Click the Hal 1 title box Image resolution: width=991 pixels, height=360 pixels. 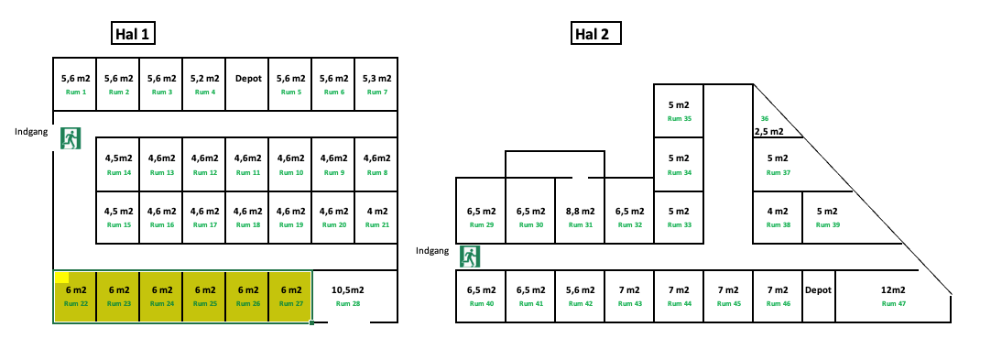(x=132, y=35)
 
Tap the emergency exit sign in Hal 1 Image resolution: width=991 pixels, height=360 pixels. (x=70, y=138)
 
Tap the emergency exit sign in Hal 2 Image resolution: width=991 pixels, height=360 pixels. (x=470, y=256)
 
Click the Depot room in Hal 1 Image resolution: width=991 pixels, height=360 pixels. (x=248, y=84)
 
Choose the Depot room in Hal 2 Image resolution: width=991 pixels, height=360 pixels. (x=818, y=296)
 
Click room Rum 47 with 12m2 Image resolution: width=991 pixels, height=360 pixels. (x=892, y=296)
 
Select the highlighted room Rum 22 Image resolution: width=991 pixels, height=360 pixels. (x=76, y=296)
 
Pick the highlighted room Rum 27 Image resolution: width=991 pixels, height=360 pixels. (x=290, y=296)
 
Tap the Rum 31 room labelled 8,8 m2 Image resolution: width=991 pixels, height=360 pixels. (x=580, y=217)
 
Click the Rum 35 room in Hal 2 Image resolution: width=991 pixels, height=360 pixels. (x=679, y=110)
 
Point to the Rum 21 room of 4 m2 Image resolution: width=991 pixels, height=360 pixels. (x=376, y=217)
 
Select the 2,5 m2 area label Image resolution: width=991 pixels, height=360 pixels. (x=769, y=131)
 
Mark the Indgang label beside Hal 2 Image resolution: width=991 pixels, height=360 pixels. (x=433, y=250)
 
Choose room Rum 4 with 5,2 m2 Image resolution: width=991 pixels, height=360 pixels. (x=205, y=84)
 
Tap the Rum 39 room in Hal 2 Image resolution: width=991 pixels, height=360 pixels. (x=827, y=217)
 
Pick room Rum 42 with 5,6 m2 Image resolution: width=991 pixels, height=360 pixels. (x=580, y=296)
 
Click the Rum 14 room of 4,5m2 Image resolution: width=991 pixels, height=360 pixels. (x=119, y=164)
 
